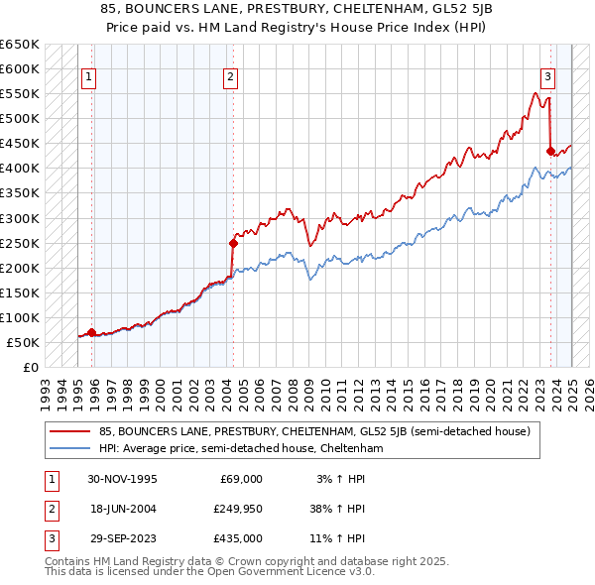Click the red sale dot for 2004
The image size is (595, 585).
tap(233, 242)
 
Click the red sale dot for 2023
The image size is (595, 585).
tap(549, 151)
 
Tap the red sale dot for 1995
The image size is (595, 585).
tap(91, 332)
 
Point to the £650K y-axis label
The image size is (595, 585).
tap(19, 45)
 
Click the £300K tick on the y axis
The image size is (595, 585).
tap(19, 218)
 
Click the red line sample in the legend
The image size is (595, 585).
tap(70, 431)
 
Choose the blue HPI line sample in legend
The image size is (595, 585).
tap(70, 448)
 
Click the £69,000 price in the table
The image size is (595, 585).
tap(241, 479)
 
